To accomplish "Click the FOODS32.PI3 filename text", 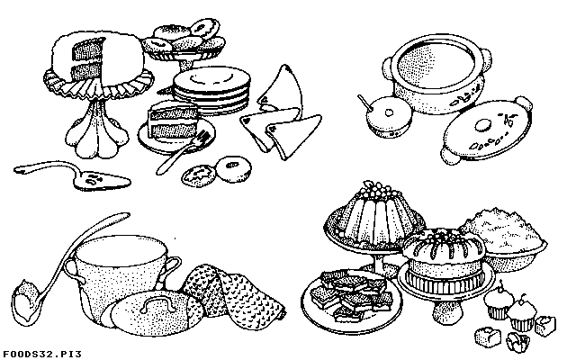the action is click(x=40, y=355).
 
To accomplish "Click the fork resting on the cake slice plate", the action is click(x=182, y=152).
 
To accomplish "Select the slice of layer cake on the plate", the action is click(x=173, y=121).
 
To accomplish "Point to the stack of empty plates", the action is click(x=211, y=90).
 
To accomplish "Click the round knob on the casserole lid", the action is click(x=482, y=125).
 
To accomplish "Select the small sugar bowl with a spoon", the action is click(x=388, y=116).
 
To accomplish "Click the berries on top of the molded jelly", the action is click(x=375, y=191).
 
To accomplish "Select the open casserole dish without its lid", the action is click(x=437, y=74).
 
